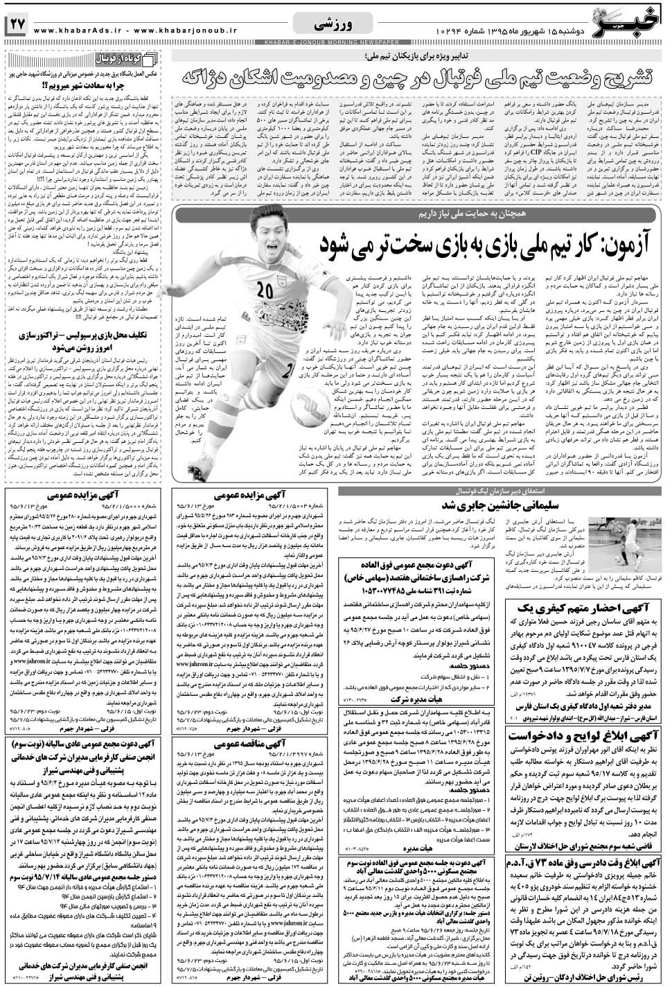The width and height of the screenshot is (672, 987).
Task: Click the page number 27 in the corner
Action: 17,23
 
